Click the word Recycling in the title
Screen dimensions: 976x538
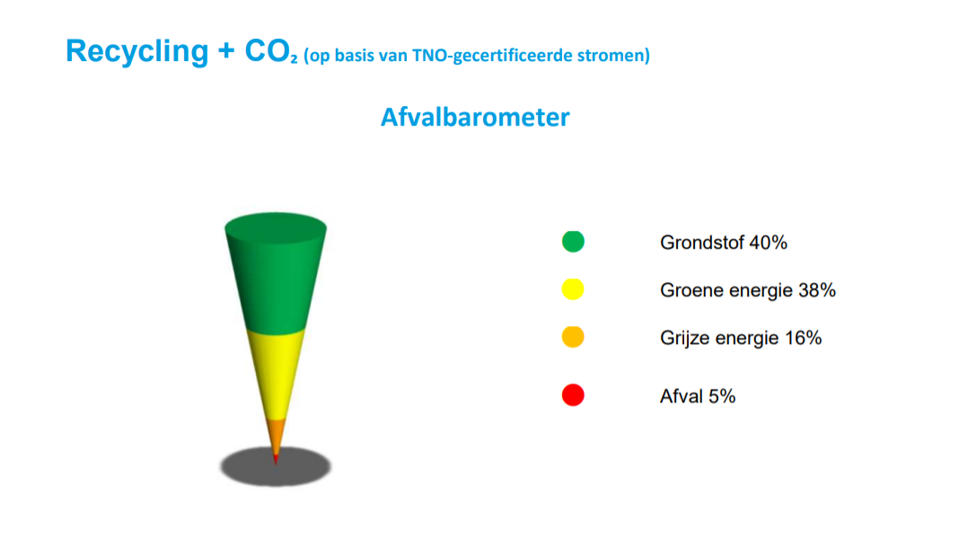(137, 52)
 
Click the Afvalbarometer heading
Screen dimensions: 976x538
(475, 117)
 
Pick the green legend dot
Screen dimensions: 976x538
(573, 242)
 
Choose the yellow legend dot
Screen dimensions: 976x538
(573, 289)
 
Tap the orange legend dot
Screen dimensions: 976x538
(573, 337)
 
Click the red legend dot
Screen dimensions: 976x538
(573, 395)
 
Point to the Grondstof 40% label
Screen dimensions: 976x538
(724, 243)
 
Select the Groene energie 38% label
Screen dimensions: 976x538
(748, 290)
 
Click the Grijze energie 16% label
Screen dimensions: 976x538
(741, 338)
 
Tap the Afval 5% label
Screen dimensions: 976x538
(698, 396)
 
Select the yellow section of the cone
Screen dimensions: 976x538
(276, 374)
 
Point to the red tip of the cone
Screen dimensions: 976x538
(276, 460)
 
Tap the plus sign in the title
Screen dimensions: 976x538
(226, 52)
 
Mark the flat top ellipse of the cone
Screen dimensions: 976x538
(276, 225)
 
